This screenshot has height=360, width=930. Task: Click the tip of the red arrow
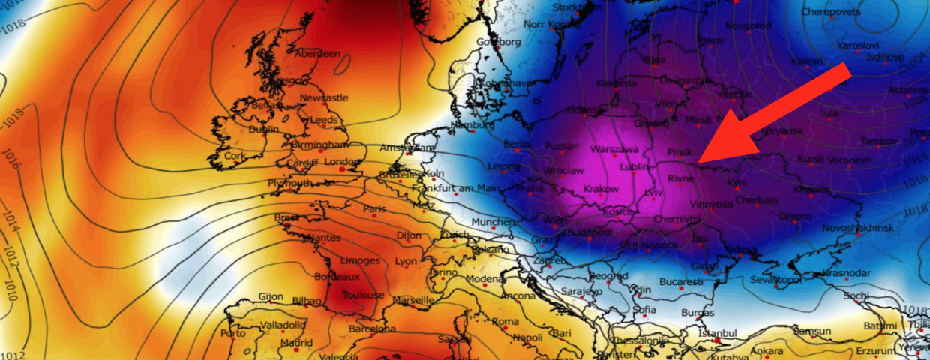tap(697, 162)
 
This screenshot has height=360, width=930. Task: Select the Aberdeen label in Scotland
tap(317, 54)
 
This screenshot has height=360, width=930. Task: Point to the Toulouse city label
tap(363, 295)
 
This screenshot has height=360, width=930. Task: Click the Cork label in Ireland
tap(235, 156)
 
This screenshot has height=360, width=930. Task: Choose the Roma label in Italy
tap(505, 322)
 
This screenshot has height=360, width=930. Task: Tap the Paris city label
tap(374, 209)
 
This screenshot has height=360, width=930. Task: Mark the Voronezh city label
tap(850, 160)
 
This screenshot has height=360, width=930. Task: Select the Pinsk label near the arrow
tap(679, 151)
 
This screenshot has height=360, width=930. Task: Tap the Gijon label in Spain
tap(271, 296)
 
